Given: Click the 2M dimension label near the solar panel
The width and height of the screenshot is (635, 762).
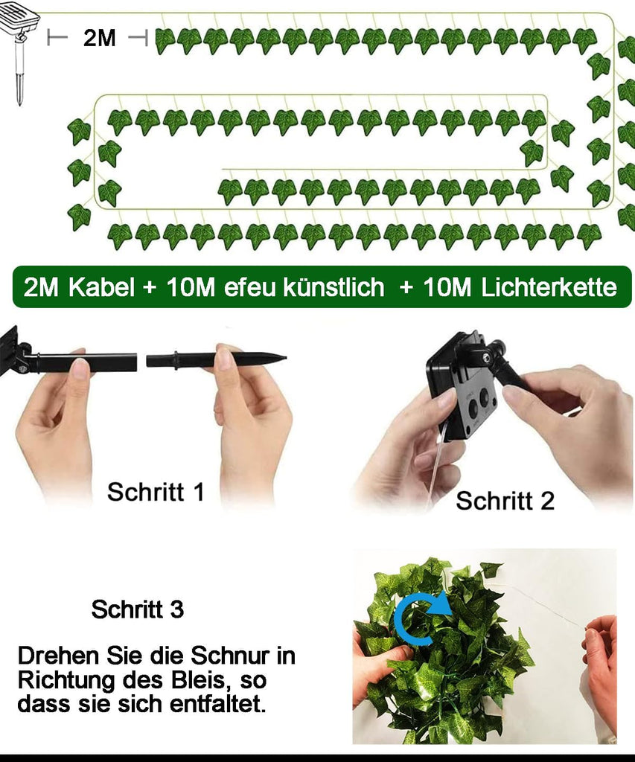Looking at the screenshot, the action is (x=99, y=37).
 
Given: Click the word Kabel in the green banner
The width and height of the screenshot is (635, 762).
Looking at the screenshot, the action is (x=101, y=287).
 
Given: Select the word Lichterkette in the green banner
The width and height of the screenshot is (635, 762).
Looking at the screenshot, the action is (x=549, y=287).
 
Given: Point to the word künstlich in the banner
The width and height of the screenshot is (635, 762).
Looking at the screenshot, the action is (x=334, y=287).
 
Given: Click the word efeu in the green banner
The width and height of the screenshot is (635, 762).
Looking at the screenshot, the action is (x=249, y=288).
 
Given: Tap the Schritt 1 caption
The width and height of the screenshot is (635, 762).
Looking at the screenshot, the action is (x=156, y=492).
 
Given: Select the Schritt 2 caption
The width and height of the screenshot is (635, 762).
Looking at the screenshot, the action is (x=505, y=501).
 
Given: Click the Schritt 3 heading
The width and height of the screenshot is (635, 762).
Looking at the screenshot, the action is (x=138, y=609).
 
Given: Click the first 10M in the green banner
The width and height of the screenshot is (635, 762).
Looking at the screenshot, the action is (x=191, y=287).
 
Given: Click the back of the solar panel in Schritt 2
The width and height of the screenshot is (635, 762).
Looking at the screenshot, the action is (x=461, y=388).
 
